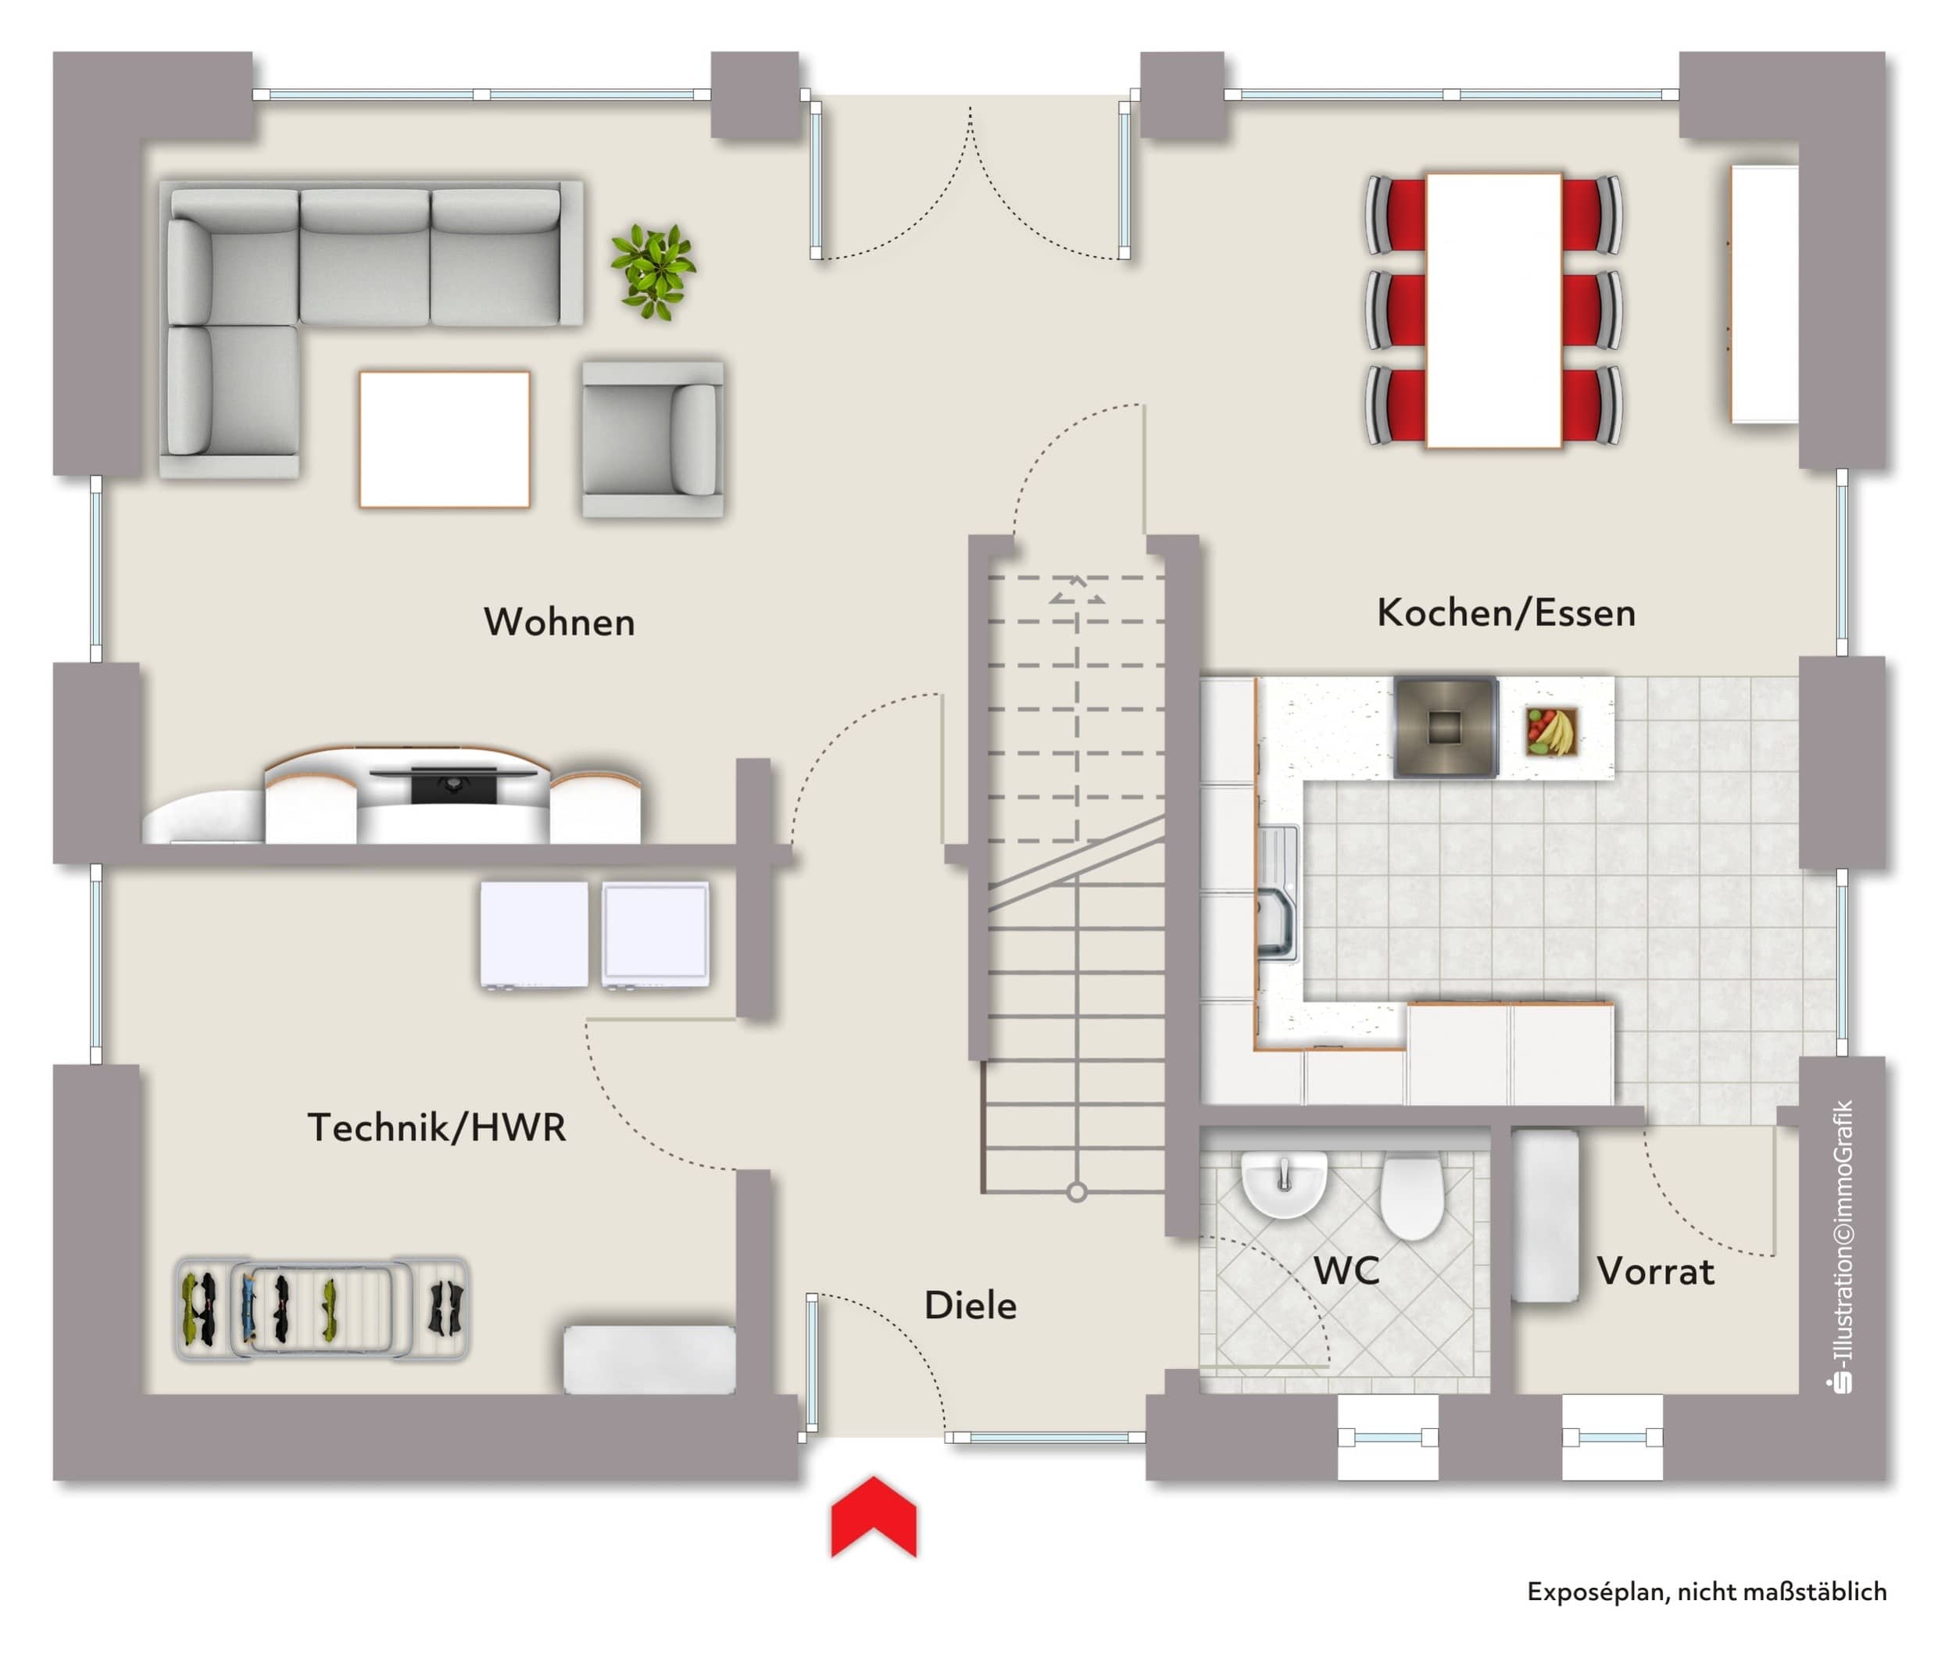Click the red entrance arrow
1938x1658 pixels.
click(874, 1517)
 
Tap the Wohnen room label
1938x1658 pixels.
click(560, 623)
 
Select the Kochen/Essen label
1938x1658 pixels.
click(1506, 613)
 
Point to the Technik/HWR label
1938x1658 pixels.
click(437, 1127)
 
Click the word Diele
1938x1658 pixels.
click(970, 1306)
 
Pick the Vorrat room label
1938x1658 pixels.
click(1656, 1272)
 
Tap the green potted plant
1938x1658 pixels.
click(653, 270)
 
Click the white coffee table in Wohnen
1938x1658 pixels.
click(445, 440)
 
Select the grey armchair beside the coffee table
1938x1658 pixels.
click(653, 440)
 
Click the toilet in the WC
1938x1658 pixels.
click(1412, 1197)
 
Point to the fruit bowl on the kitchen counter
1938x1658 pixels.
click(1550, 731)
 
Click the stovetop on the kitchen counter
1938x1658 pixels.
click(1445, 727)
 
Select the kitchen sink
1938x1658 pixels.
click(1278, 894)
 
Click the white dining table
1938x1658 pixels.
click(1493, 309)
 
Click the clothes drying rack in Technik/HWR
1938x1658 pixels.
click(323, 1307)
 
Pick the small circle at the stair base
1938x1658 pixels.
click(1077, 1192)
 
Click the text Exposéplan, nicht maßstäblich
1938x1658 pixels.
click(1707, 1592)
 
